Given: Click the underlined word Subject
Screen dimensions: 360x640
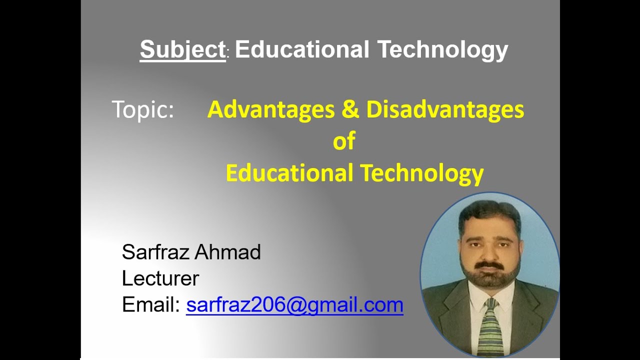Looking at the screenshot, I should [182, 50].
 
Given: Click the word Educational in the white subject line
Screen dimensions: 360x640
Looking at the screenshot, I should [302, 49].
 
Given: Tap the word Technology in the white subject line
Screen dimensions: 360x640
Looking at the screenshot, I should [442, 50].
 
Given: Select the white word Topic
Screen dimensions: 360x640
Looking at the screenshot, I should [142, 109].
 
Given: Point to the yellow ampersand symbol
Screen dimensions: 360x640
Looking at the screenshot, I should [350, 109].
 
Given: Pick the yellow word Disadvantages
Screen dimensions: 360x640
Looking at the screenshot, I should [445, 109].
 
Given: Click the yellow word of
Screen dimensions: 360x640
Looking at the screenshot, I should [344, 141].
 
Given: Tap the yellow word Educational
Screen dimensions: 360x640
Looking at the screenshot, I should [289, 173].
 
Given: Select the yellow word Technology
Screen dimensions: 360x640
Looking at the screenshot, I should [422, 173].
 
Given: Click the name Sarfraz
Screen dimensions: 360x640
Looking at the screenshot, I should [155, 252].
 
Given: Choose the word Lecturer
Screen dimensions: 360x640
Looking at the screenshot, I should [160, 278].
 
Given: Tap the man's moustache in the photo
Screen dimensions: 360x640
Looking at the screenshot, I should [488, 264].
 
